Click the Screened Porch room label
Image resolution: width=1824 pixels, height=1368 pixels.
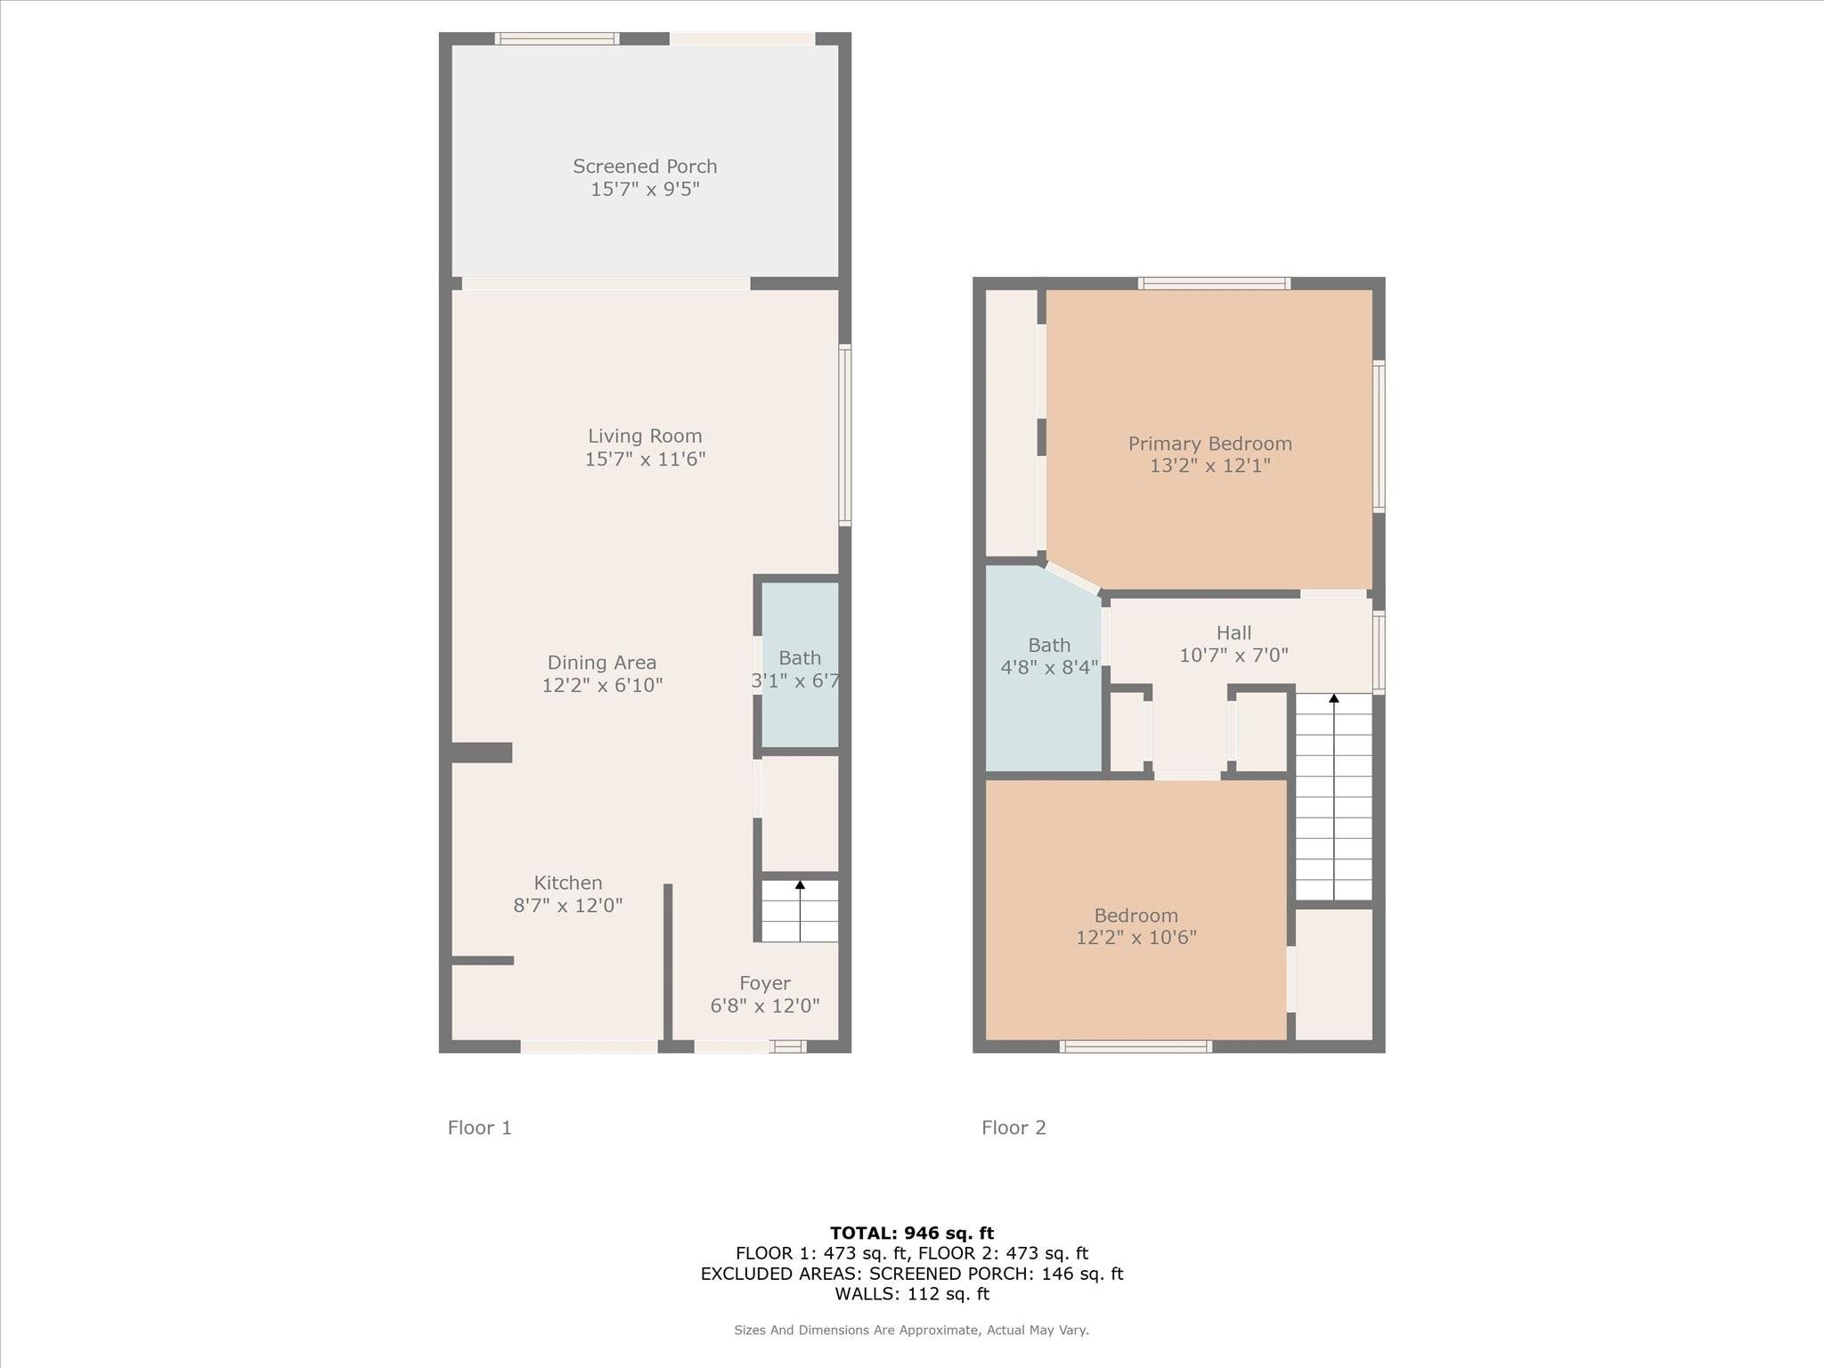pos(645,167)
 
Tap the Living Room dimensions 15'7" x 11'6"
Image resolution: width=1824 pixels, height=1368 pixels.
pos(645,459)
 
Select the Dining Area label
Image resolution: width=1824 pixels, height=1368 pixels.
pos(602,663)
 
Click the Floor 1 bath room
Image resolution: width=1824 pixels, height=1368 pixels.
pos(800,664)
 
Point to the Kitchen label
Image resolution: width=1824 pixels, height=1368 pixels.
pos(568,883)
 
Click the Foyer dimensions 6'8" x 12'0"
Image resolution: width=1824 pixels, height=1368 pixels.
pos(765,1006)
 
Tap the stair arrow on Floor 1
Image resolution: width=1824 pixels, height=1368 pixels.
pos(800,910)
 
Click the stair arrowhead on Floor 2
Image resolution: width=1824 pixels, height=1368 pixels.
pos(1333,699)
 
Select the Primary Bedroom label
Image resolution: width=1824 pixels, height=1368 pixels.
pos(1209,444)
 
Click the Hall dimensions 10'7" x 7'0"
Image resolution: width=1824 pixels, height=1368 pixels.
pos(1234,655)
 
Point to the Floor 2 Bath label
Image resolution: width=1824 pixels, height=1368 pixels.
pos(1049,645)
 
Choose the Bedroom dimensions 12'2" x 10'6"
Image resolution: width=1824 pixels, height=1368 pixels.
pos(1136,937)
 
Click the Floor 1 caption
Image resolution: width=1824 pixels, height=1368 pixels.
pos(479,1128)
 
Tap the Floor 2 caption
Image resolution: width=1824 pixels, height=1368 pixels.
pos(1014,1128)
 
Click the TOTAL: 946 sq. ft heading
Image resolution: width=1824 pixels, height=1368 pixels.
pos(912,1233)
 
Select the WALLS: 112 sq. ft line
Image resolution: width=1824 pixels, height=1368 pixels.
pos(912,1293)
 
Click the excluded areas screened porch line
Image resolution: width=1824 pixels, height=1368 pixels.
pos(912,1274)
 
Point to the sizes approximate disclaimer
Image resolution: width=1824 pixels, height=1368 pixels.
pos(911,1330)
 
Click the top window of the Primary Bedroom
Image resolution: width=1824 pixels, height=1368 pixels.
pos(1214,283)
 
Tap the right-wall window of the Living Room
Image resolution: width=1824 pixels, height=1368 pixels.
pos(845,436)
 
